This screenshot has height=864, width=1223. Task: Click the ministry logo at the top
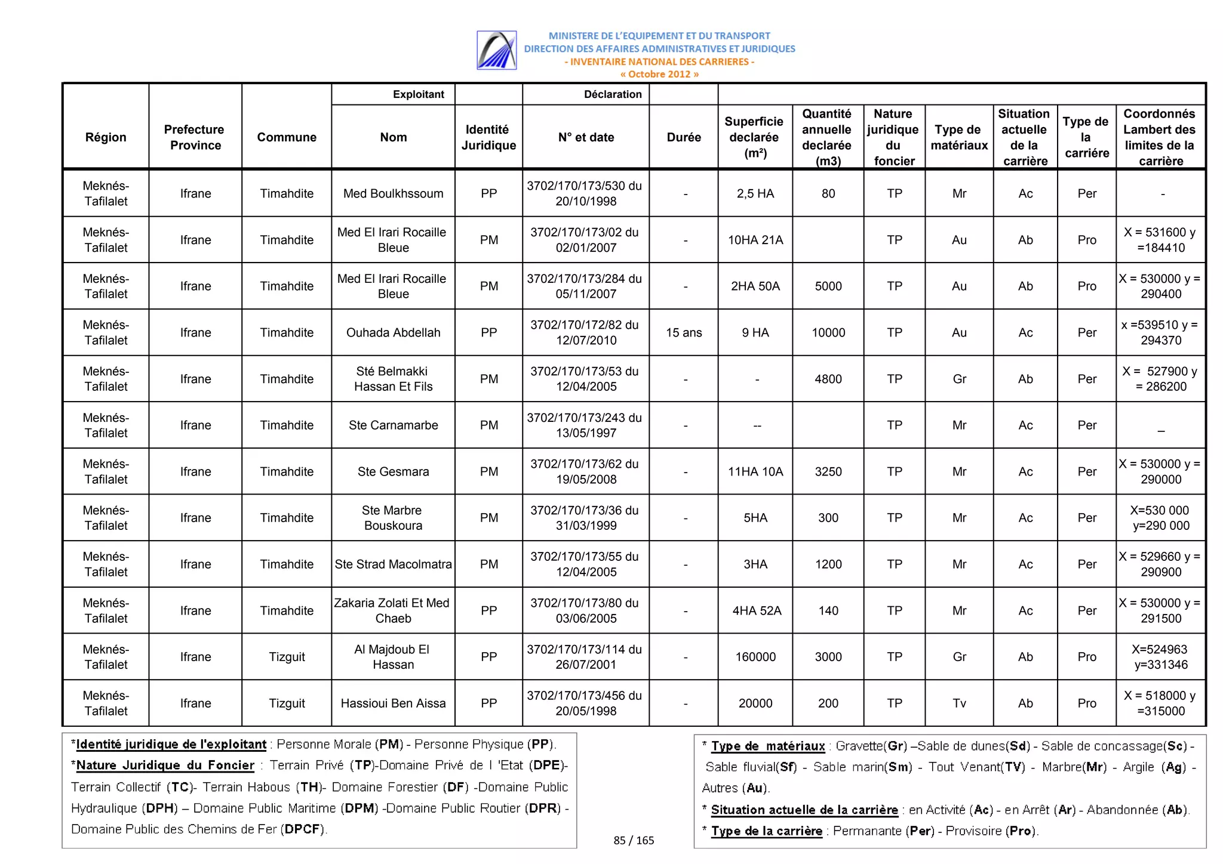pyautogui.click(x=496, y=50)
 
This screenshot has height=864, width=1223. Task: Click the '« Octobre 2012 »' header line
pyautogui.click(x=659, y=74)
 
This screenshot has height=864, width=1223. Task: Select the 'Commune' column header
pyautogui.click(x=287, y=137)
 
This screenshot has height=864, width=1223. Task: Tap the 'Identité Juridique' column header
pyautogui.click(x=488, y=137)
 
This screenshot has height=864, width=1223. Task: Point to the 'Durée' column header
pyautogui.click(x=684, y=137)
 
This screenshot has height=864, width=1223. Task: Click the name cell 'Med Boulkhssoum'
pyautogui.click(x=393, y=193)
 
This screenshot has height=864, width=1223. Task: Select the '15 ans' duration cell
pyautogui.click(x=684, y=332)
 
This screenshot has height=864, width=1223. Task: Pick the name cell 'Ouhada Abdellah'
pyautogui.click(x=393, y=332)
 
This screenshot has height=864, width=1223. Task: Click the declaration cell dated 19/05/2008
pyautogui.click(x=585, y=471)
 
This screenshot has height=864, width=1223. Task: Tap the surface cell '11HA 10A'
pyautogui.click(x=755, y=471)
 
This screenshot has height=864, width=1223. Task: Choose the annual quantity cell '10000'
pyautogui.click(x=828, y=332)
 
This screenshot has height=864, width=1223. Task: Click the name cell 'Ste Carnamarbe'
pyautogui.click(x=393, y=425)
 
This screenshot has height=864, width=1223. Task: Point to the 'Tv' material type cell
pyautogui.click(x=959, y=703)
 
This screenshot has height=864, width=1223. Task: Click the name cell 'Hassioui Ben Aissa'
pyautogui.click(x=393, y=703)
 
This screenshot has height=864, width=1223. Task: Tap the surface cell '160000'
pyautogui.click(x=755, y=657)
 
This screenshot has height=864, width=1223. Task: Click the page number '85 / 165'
pyautogui.click(x=634, y=840)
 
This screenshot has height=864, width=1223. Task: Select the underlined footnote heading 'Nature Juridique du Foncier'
pyautogui.click(x=165, y=766)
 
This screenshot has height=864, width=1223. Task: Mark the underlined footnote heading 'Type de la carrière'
pyautogui.click(x=767, y=831)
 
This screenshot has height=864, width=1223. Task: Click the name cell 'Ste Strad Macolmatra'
pyautogui.click(x=393, y=564)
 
